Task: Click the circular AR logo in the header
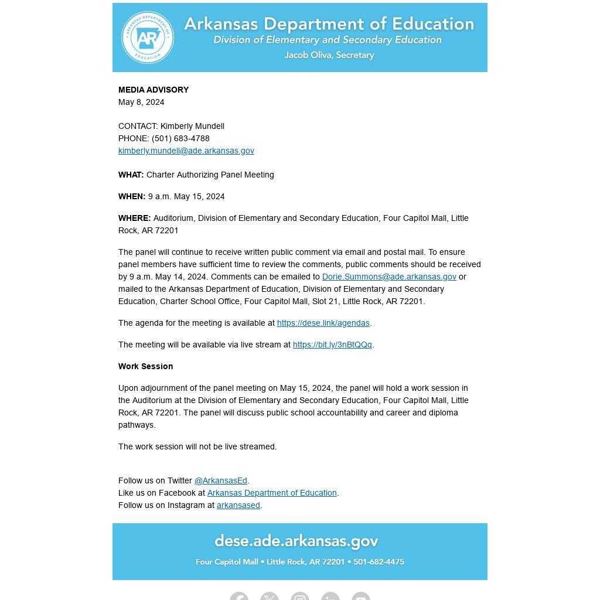coord(148,37)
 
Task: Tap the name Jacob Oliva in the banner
coord(307,55)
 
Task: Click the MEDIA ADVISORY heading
coord(154,90)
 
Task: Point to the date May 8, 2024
coord(141,102)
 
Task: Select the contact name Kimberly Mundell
coord(192,126)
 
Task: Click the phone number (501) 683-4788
coord(180,138)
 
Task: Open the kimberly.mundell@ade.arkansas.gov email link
coord(186,151)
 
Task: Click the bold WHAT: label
coord(131,175)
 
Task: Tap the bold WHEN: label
coord(132,196)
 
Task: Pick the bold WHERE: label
coord(134,218)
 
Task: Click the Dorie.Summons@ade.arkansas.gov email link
coord(389,277)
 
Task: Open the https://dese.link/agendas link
coord(323,323)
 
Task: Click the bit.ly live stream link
coord(332,345)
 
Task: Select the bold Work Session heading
coord(145,366)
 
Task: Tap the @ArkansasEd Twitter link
coord(220,480)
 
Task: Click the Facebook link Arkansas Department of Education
coord(272,493)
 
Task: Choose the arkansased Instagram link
coord(238,505)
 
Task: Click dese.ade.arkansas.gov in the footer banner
coord(296,541)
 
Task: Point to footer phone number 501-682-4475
coord(379,562)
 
